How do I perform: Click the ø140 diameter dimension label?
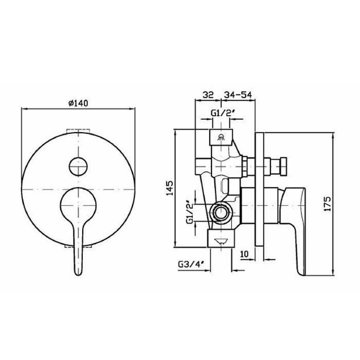point(78,103)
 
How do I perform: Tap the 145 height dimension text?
point(170,188)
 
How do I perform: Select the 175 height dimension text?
point(328,204)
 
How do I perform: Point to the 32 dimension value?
point(208,95)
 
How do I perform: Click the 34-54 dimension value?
point(238,95)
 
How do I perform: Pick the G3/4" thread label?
point(191,264)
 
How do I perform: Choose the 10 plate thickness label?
point(244,254)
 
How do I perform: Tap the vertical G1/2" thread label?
point(190,211)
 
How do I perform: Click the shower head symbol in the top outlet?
point(221,137)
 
